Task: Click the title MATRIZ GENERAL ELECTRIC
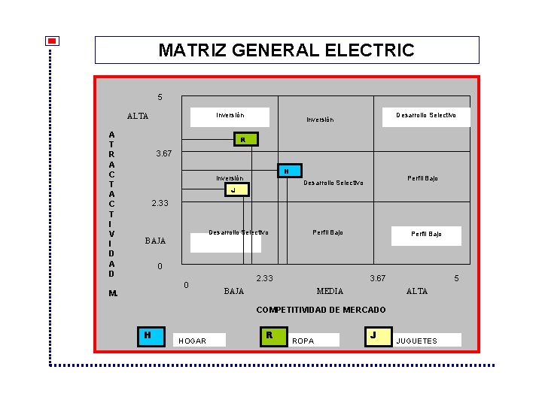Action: point(286,50)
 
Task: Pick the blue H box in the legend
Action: point(151,335)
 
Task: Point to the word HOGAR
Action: point(192,341)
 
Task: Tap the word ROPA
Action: point(303,341)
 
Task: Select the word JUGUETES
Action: point(416,341)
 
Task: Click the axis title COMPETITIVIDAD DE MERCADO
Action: point(321,310)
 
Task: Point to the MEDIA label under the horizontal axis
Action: point(330,291)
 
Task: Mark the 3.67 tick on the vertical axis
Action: point(163,153)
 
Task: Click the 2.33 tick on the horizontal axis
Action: point(265,279)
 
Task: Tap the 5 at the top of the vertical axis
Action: point(160,97)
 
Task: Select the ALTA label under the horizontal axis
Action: point(416,291)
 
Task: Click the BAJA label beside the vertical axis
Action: point(155,241)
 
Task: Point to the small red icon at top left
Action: point(52,41)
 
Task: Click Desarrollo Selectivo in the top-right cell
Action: point(426,115)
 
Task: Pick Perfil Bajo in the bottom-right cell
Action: point(426,234)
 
